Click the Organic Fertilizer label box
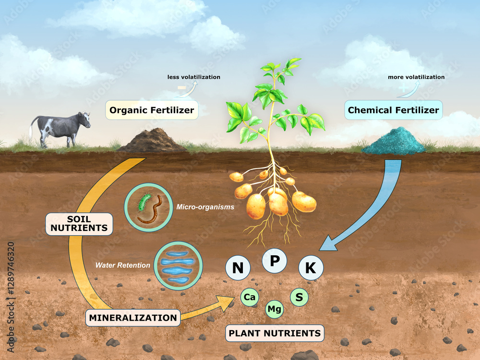[x=152, y=110]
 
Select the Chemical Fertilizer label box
[x=394, y=110]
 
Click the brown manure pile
[x=152, y=141]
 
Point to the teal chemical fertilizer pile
[x=394, y=141]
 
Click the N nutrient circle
[x=238, y=268]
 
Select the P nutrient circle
[x=275, y=261]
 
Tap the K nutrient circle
[x=311, y=268]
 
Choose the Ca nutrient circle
[x=250, y=297]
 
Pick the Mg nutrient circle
[x=274, y=309]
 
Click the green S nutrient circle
[x=299, y=297]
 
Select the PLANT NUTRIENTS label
[x=275, y=333]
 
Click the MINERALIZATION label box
[x=133, y=318]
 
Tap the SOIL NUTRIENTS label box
[x=79, y=224]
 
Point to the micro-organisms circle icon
[x=148, y=207]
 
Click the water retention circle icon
[x=178, y=266]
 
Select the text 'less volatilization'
[x=194, y=77]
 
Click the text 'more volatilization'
[x=416, y=77]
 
